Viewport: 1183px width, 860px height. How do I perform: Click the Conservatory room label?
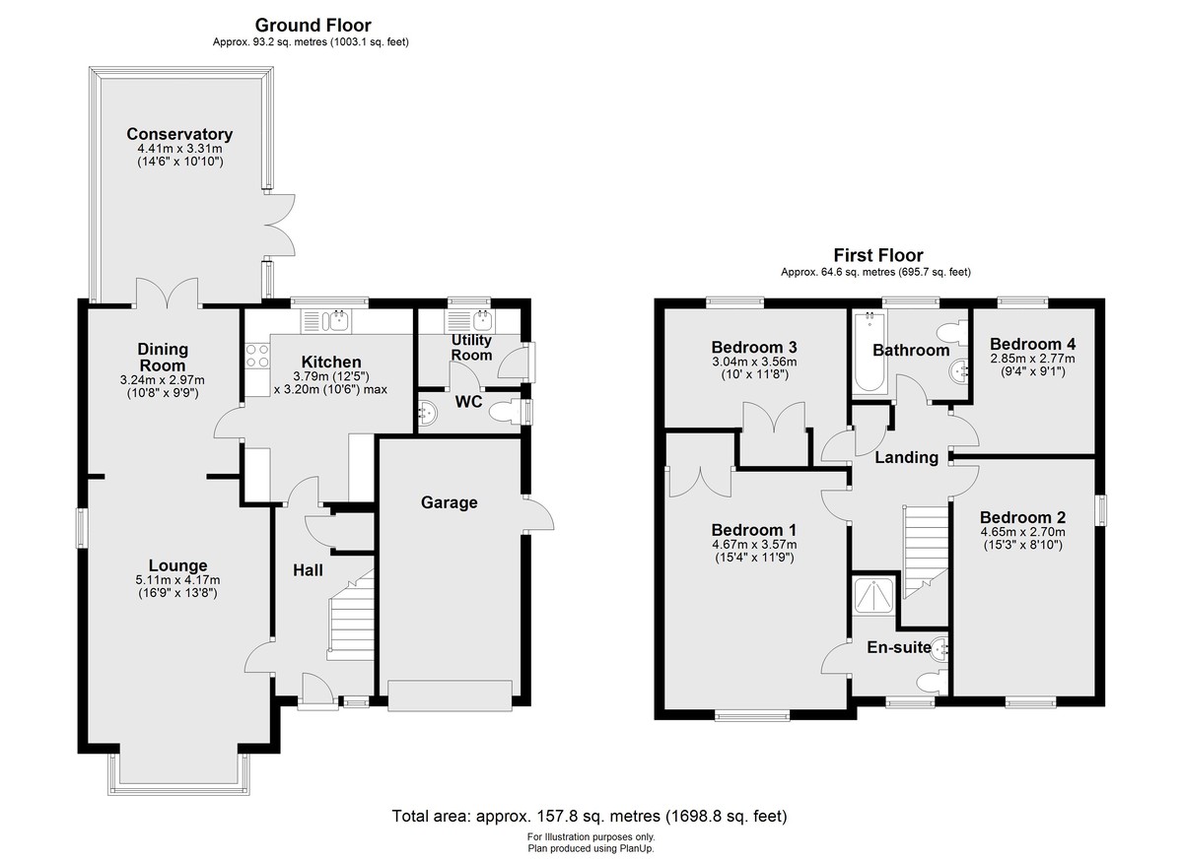[x=179, y=134]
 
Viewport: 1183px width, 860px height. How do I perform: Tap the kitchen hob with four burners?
[x=257, y=355]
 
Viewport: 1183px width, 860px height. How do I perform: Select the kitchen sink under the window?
[x=326, y=321]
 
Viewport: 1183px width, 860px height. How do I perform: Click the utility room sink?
[x=469, y=320]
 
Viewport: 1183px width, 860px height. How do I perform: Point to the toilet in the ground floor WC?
[x=504, y=412]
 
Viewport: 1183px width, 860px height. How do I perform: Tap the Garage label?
[x=449, y=502]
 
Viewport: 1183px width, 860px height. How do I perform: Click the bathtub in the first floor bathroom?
[x=869, y=351]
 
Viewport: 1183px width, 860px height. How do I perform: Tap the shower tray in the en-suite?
[x=874, y=596]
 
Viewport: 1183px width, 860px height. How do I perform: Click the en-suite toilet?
[x=933, y=683]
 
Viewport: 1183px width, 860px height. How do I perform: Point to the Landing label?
[x=906, y=457]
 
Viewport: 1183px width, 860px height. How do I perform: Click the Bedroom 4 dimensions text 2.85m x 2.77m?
[x=1032, y=359]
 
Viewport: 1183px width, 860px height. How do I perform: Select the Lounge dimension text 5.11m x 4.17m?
[x=178, y=580]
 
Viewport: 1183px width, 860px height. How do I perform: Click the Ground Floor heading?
[x=313, y=25]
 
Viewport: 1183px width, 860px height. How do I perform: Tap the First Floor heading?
[x=878, y=255]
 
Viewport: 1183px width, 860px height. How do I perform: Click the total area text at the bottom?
[x=590, y=817]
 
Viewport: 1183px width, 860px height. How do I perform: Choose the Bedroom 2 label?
[x=1022, y=517]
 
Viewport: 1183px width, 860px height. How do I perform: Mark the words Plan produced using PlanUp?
[x=591, y=848]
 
